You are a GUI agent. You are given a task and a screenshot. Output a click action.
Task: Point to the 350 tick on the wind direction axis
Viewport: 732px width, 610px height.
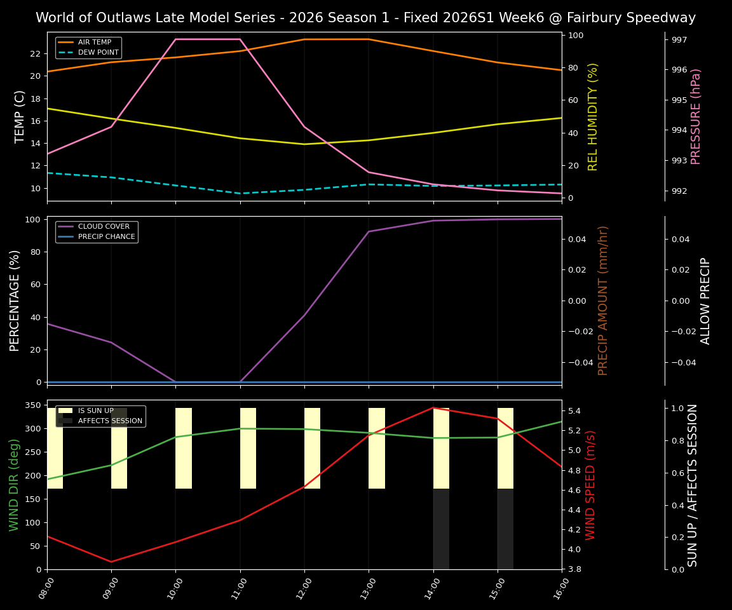pos(33,405)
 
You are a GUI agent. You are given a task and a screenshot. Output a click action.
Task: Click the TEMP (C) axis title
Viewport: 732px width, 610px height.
pos(20,116)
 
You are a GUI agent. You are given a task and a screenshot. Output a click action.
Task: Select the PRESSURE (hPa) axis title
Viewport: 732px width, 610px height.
pos(696,116)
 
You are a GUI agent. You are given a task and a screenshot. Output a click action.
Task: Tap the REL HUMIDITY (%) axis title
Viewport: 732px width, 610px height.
pos(593,116)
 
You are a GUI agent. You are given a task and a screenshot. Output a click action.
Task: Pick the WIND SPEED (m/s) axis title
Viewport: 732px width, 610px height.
pos(591,485)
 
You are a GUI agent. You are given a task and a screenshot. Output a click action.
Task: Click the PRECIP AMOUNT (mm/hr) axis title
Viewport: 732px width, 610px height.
pos(604,301)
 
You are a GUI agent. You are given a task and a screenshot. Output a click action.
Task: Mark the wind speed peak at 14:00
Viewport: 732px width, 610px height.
pos(433,408)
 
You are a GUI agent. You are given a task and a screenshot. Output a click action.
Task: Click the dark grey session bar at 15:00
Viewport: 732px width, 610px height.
pos(505,529)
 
